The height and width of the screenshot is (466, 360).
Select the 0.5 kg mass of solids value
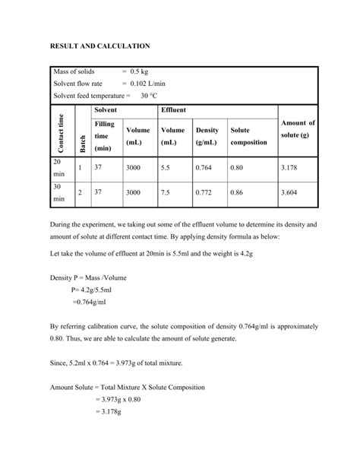[x=139, y=71]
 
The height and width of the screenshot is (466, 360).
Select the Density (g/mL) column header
[x=207, y=136]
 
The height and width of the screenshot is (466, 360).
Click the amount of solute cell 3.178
[x=289, y=167]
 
